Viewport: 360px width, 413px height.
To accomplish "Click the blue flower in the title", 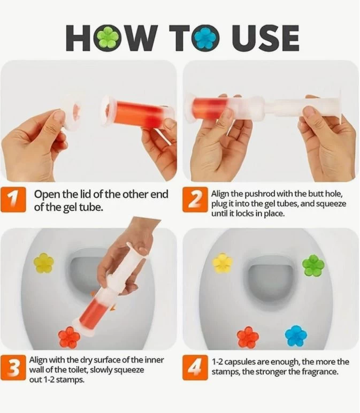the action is [x=206, y=38].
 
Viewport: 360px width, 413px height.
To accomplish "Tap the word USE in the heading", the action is [x=265, y=38].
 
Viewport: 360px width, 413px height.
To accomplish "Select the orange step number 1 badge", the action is [x=13, y=200].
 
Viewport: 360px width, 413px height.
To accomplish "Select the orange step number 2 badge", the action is [x=195, y=200].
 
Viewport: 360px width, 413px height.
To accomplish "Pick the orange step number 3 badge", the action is [x=13, y=368].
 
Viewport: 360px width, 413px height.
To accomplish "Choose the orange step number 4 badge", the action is [x=195, y=368].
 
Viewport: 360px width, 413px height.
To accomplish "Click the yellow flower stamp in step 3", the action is [x=44, y=263].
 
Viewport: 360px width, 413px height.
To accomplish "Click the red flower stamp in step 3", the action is [x=69, y=336].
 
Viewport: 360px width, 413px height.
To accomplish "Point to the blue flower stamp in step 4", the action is [x=296, y=336].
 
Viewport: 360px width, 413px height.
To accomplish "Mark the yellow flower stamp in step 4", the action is [x=223, y=263].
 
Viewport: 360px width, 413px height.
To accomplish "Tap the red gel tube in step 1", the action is [x=138, y=111].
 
